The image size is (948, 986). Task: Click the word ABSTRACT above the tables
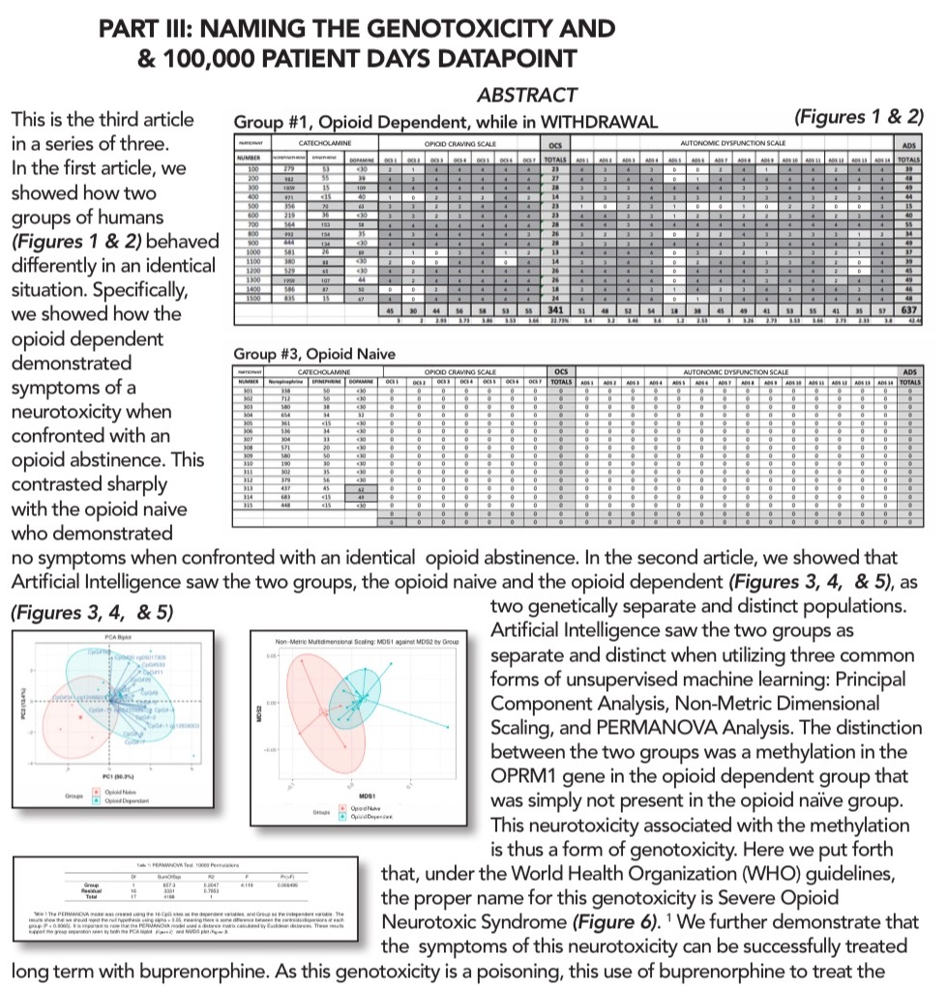coord(526,95)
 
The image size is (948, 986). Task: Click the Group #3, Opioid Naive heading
coord(314,354)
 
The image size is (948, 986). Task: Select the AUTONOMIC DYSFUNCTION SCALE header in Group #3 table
coord(735,369)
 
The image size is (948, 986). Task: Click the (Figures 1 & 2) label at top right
coord(858,118)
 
